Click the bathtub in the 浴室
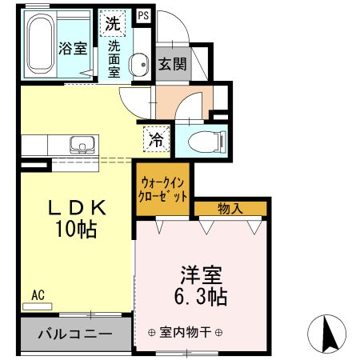[x=41, y=46]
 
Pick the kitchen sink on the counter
[x=81, y=146]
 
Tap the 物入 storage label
[x=230, y=209]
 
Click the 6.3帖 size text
[x=200, y=298]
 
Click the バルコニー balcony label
[x=72, y=331]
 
